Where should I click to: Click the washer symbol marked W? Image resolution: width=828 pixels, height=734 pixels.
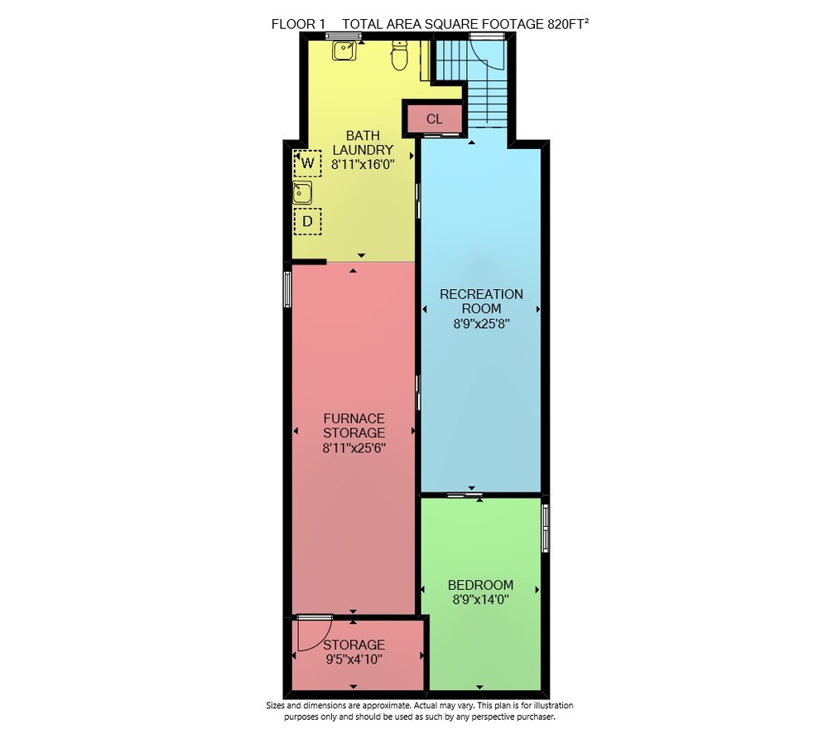(x=307, y=162)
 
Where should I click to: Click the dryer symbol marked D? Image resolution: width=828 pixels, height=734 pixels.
(x=307, y=221)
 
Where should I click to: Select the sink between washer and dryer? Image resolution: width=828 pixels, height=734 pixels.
(x=302, y=193)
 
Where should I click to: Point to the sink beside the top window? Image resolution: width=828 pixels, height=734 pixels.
(x=344, y=51)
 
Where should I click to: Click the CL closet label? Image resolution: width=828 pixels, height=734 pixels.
(x=434, y=119)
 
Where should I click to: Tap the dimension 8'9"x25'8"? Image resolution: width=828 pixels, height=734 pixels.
(x=481, y=323)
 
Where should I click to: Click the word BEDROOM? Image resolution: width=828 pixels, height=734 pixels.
(x=480, y=585)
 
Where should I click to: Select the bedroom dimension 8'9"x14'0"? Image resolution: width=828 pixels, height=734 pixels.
(x=480, y=600)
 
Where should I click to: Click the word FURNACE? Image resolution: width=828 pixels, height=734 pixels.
(x=354, y=418)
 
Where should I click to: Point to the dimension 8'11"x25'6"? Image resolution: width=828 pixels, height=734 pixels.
(x=354, y=448)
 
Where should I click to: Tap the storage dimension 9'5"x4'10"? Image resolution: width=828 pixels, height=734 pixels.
(x=354, y=659)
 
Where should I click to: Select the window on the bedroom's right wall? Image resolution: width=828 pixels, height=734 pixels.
(x=546, y=529)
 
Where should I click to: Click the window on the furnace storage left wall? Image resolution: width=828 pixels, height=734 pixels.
(x=287, y=289)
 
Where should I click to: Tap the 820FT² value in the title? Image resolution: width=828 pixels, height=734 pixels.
(x=568, y=24)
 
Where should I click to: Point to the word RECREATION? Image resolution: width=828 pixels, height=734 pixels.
(x=482, y=294)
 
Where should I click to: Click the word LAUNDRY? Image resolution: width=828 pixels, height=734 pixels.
(x=363, y=150)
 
